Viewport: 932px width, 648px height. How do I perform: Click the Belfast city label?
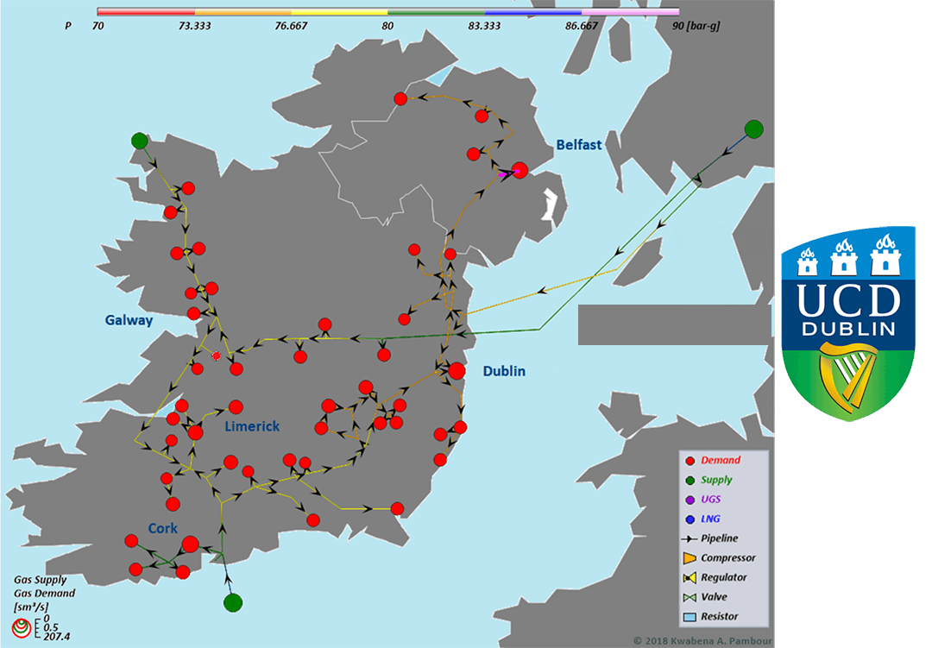coord(578,145)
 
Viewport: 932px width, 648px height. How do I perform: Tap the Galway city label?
coord(129,320)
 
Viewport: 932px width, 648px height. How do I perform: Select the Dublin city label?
coord(504,371)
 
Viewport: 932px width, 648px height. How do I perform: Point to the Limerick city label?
coord(252,426)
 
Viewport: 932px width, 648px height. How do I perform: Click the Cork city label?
coord(163,528)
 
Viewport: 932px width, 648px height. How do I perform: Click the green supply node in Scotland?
coord(753,129)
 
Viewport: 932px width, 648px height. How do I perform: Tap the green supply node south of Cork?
coord(232,602)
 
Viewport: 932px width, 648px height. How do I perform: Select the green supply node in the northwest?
coord(140,141)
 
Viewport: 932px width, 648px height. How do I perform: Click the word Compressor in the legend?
coord(728,558)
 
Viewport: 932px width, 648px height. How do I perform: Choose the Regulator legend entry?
coord(724,577)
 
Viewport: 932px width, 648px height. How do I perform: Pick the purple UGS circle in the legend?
coord(689,500)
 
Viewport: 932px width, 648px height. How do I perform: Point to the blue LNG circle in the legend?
coord(689,519)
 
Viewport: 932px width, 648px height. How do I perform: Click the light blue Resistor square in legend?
coord(689,617)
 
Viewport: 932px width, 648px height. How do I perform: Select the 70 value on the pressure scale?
coord(98,26)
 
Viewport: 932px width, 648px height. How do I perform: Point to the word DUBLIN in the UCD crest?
coord(847,330)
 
